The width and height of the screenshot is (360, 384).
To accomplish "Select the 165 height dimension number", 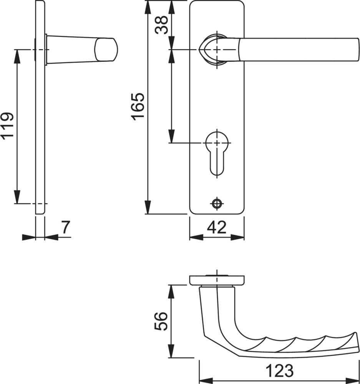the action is click(138, 106).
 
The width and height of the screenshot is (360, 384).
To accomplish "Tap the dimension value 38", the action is click(162, 25).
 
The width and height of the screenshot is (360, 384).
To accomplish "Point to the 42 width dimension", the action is click(217, 227).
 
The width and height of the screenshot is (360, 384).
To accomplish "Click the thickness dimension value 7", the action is click(65, 227).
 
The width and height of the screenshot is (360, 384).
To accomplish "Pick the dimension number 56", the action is click(161, 321).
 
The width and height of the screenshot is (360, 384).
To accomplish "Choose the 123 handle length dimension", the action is click(280, 371).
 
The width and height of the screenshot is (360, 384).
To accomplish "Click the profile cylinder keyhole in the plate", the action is click(217, 154).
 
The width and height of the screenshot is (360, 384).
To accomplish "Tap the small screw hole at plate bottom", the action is click(217, 203).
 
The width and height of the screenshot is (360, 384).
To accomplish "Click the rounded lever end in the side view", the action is click(106, 50).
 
